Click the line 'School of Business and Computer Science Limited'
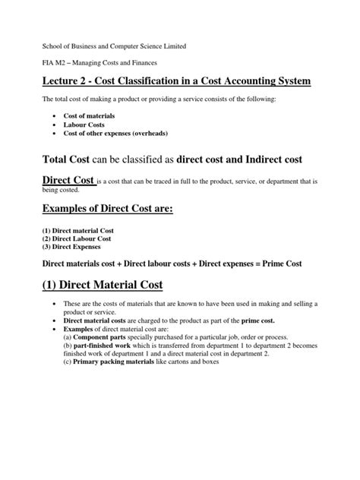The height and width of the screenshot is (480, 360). tap(112, 46)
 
